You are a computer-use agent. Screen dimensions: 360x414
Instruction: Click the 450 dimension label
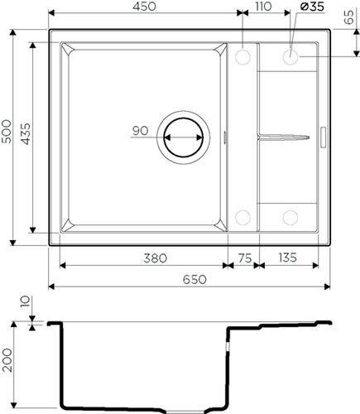(144, 7)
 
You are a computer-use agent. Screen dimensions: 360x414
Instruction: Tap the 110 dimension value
(263, 7)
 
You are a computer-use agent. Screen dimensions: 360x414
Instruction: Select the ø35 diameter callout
(312, 7)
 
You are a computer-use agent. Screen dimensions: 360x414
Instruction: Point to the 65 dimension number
(349, 17)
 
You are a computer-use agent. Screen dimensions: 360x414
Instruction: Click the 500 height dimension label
(7, 131)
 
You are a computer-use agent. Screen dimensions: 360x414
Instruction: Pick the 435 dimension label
(26, 134)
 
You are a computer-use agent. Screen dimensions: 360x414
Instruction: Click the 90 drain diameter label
(140, 131)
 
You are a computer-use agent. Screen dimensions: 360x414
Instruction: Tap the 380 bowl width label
(155, 258)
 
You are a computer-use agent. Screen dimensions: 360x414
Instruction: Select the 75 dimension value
(245, 258)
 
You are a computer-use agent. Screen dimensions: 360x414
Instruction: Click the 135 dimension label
(287, 258)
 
